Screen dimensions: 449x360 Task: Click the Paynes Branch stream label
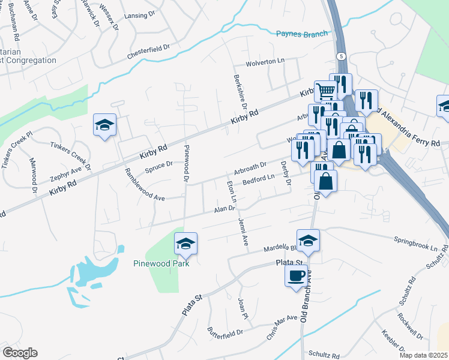click(302, 34)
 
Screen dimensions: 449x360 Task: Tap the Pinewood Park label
click(161, 263)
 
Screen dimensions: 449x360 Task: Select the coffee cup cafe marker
click(296, 276)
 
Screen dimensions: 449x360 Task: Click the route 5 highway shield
click(342, 56)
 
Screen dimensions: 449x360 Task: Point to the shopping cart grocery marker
click(325, 91)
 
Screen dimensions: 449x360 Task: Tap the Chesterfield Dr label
click(149, 52)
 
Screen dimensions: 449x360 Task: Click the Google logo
click(20, 353)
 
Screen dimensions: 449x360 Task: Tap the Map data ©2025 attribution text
click(423, 355)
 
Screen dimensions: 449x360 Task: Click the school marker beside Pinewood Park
click(185, 244)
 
